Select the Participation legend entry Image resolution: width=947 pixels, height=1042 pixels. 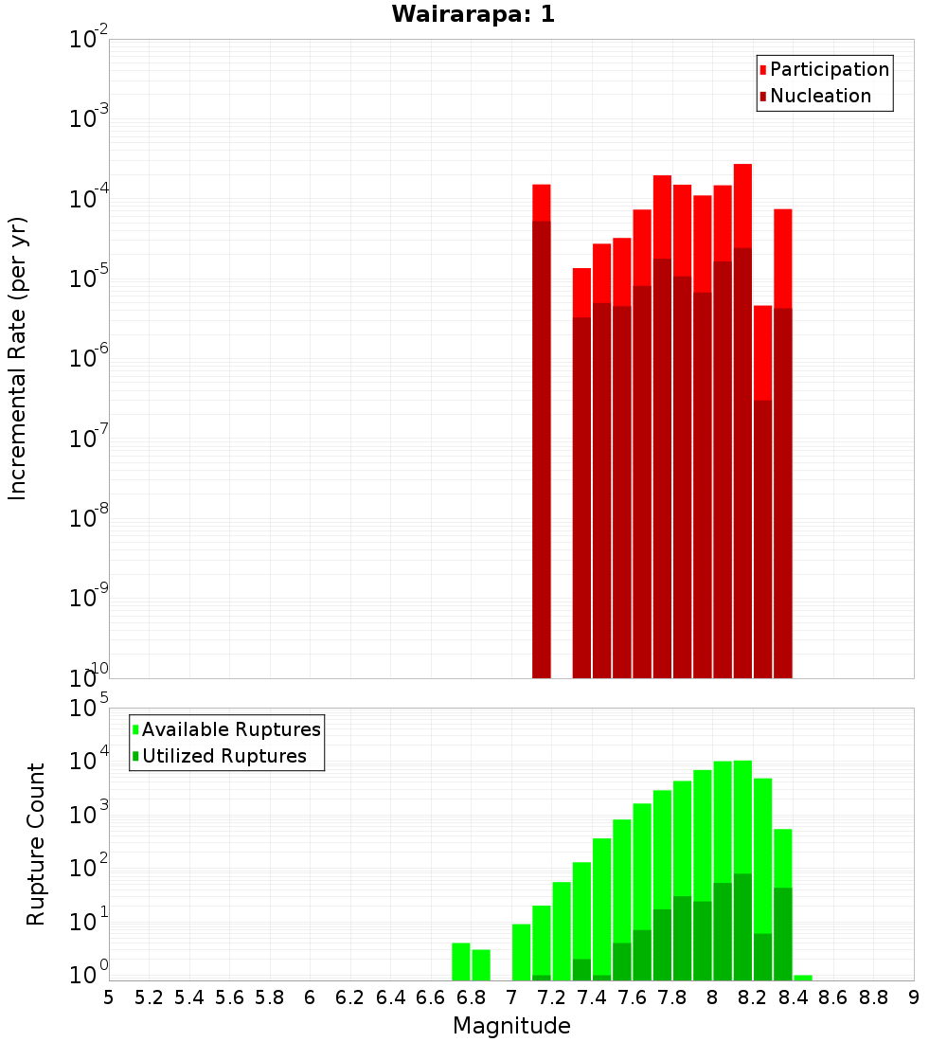tap(829, 69)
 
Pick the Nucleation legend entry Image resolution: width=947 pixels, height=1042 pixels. tap(820, 96)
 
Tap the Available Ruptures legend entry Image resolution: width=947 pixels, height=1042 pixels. tap(231, 729)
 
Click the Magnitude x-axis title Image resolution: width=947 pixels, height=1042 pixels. tap(511, 1026)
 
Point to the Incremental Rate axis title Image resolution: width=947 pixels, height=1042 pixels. tap(18, 358)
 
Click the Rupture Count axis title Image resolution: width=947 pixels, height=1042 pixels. tap(36, 844)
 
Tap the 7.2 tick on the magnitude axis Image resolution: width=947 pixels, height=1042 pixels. tap(551, 997)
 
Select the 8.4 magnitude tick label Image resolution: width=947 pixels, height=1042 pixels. tap(794, 997)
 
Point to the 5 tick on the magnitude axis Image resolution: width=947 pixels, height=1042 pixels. tap(109, 997)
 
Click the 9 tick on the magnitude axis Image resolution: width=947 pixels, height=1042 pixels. tap(914, 997)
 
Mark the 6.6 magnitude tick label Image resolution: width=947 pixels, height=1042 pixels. tap(430, 997)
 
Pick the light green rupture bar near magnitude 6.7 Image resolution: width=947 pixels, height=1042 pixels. tap(461, 961)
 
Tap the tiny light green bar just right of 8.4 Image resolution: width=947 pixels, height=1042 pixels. tap(803, 978)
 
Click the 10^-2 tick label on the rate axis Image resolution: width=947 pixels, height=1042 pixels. tap(90, 40)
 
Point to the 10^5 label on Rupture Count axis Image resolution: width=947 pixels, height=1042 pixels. tap(90, 709)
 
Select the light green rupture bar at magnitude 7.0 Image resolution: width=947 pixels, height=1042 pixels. tap(521, 952)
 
